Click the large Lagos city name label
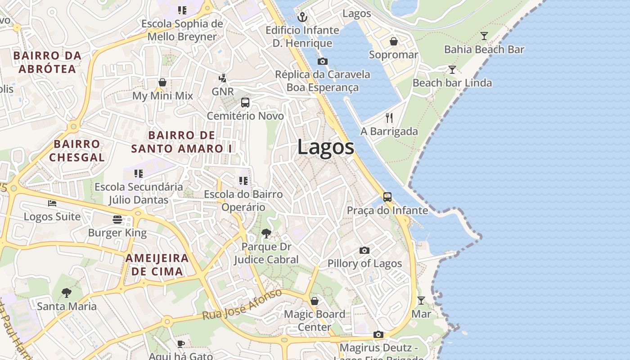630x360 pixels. tap(325, 148)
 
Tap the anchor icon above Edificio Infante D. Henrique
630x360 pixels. tap(302, 17)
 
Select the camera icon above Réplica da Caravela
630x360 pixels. tap(322, 61)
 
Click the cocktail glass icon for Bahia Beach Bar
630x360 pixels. tap(484, 36)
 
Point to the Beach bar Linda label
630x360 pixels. tap(452, 83)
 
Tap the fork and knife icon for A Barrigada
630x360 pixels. tap(389, 118)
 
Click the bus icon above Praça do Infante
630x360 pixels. tap(387, 197)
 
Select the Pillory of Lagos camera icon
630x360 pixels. tap(364, 250)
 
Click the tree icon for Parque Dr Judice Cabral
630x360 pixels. tap(266, 233)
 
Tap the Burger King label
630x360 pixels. tap(117, 233)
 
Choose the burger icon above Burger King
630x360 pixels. tap(117, 220)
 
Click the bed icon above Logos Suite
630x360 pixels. tap(52, 203)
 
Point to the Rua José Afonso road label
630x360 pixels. tap(242, 305)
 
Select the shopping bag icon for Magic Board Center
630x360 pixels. tap(315, 301)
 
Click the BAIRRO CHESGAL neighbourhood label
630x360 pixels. tap(76, 151)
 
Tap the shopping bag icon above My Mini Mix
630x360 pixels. tap(162, 82)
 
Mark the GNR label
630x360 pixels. tap(223, 92)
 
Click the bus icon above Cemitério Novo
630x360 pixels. tap(245, 103)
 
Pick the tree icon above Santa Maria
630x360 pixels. tap(67, 293)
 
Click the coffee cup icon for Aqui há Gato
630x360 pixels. tap(180, 344)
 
